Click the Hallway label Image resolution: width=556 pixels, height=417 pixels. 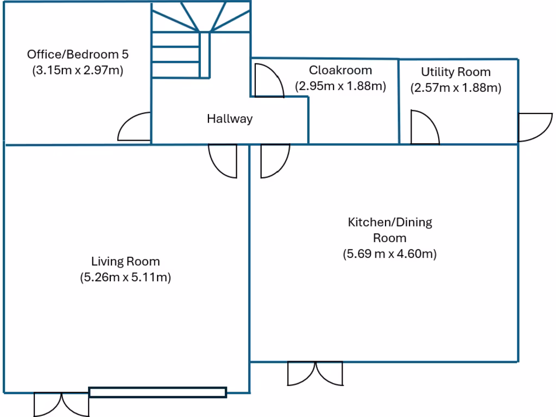coord(230,119)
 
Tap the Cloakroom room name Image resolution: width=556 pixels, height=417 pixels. coord(340,70)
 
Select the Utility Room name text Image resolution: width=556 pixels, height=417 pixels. coord(456,72)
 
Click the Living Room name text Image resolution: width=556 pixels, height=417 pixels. coord(125,262)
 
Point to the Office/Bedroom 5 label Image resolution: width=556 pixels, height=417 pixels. coord(78,54)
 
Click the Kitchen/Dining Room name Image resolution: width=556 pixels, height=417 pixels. coord(389,230)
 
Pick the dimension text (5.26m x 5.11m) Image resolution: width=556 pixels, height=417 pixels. coord(125,278)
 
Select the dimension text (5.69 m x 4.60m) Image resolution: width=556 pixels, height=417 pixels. coord(389,254)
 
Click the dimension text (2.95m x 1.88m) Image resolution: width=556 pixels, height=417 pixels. coord(340,86)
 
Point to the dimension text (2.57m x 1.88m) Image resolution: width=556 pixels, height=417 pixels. coord(456,88)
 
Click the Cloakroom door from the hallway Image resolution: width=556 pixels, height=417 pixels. coord(268,80)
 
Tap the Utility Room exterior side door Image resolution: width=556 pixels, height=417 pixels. coord(534,128)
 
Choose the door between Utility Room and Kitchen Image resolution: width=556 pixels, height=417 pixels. coord(424,128)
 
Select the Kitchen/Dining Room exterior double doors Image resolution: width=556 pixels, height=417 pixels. coord(315,373)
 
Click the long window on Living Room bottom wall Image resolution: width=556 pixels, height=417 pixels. coord(157,392)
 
